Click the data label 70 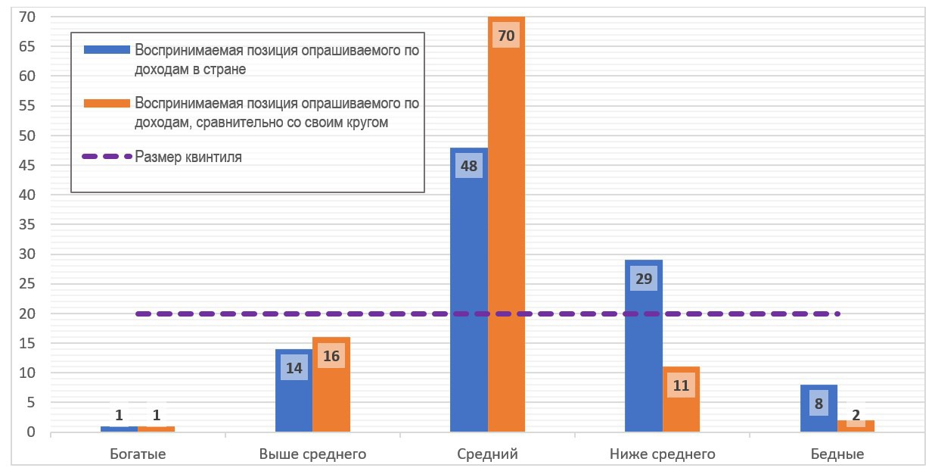(x=506, y=35)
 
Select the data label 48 (x=469, y=166)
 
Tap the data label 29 (x=644, y=279)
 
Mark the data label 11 (x=681, y=385)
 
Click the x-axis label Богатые (x=138, y=454)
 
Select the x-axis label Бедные (x=837, y=454)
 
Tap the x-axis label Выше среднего (x=312, y=454)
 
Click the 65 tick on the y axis (x=27, y=46)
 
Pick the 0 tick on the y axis (x=31, y=432)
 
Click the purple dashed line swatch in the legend (x=107, y=157)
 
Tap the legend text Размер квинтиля (x=188, y=158)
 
